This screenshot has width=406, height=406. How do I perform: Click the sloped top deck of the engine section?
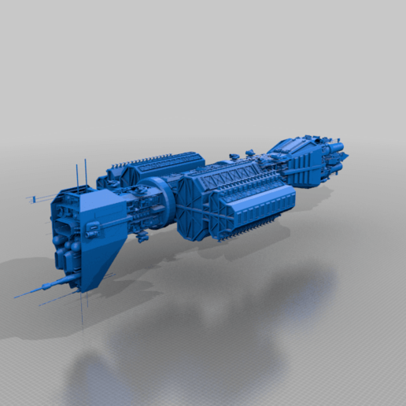tap(291, 146)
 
